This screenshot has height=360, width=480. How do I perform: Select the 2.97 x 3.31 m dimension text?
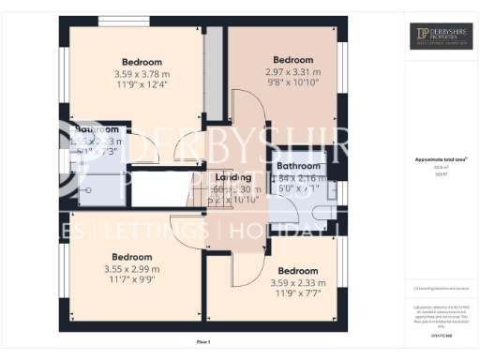pyautogui.click(x=292, y=71)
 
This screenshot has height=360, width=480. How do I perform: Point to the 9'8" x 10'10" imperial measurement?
pyautogui.click(x=292, y=82)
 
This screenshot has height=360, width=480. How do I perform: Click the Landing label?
pyautogui.click(x=233, y=176)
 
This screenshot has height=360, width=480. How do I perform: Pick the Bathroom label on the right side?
pyautogui.click(x=297, y=166)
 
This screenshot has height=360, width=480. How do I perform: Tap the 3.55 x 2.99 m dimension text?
pyautogui.click(x=131, y=269)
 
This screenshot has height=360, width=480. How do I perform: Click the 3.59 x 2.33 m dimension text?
pyautogui.click(x=297, y=282)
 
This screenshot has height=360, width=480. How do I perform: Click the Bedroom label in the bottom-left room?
pyautogui.click(x=131, y=257)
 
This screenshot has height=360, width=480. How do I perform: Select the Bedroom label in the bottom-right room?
pyautogui.click(x=297, y=270)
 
